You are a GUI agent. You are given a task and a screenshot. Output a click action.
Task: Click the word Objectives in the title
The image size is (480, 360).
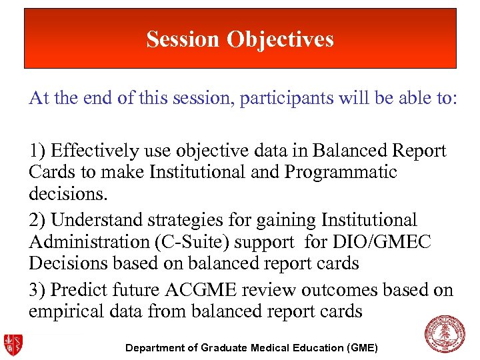[x=280, y=39]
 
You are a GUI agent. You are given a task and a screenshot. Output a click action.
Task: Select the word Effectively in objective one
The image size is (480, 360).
[x=91, y=151]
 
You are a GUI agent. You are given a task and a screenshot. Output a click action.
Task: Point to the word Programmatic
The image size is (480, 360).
[x=341, y=172]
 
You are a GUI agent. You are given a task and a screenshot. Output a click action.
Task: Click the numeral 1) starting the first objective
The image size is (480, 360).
[x=38, y=151]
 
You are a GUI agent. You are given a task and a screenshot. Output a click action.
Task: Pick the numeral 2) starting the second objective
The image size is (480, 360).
[x=38, y=220]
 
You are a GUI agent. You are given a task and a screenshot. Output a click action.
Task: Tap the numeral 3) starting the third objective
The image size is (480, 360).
[x=38, y=290]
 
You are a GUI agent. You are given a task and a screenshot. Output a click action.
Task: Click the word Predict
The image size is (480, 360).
[x=77, y=290]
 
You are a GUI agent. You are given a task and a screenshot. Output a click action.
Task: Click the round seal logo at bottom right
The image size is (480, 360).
[x=445, y=333]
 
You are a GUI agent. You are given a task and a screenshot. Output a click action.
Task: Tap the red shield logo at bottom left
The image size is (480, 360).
[x=12, y=343]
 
